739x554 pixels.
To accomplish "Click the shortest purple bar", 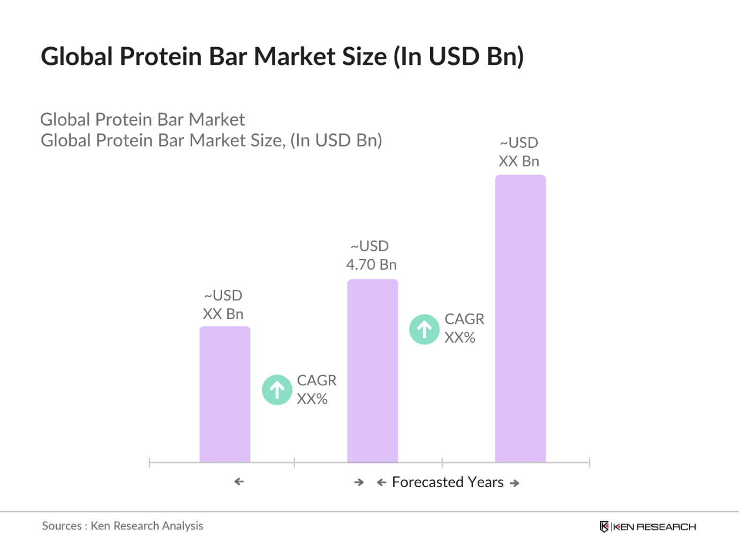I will click(225, 394).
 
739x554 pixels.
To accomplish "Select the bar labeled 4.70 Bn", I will click(373, 371).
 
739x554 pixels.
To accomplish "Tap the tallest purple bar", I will click(521, 318).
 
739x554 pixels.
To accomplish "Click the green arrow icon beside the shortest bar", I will click(277, 390).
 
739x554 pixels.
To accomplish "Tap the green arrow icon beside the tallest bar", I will click(424, 329).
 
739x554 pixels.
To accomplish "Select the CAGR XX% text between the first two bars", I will click(316, 390).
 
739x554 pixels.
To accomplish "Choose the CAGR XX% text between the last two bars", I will click(464, 328).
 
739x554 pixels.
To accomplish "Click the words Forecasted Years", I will click(448, 482).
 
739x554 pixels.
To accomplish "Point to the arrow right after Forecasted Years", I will click(515, 483).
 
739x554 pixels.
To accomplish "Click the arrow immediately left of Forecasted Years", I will click(381, 483).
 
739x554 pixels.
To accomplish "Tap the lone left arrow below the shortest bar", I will click(239, 482).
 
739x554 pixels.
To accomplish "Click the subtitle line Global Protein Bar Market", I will click(142, 119).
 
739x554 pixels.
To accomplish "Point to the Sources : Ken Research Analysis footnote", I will click(123, 526).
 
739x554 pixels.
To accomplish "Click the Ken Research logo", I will click(647, 527).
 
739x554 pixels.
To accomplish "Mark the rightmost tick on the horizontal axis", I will click(589, 462).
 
